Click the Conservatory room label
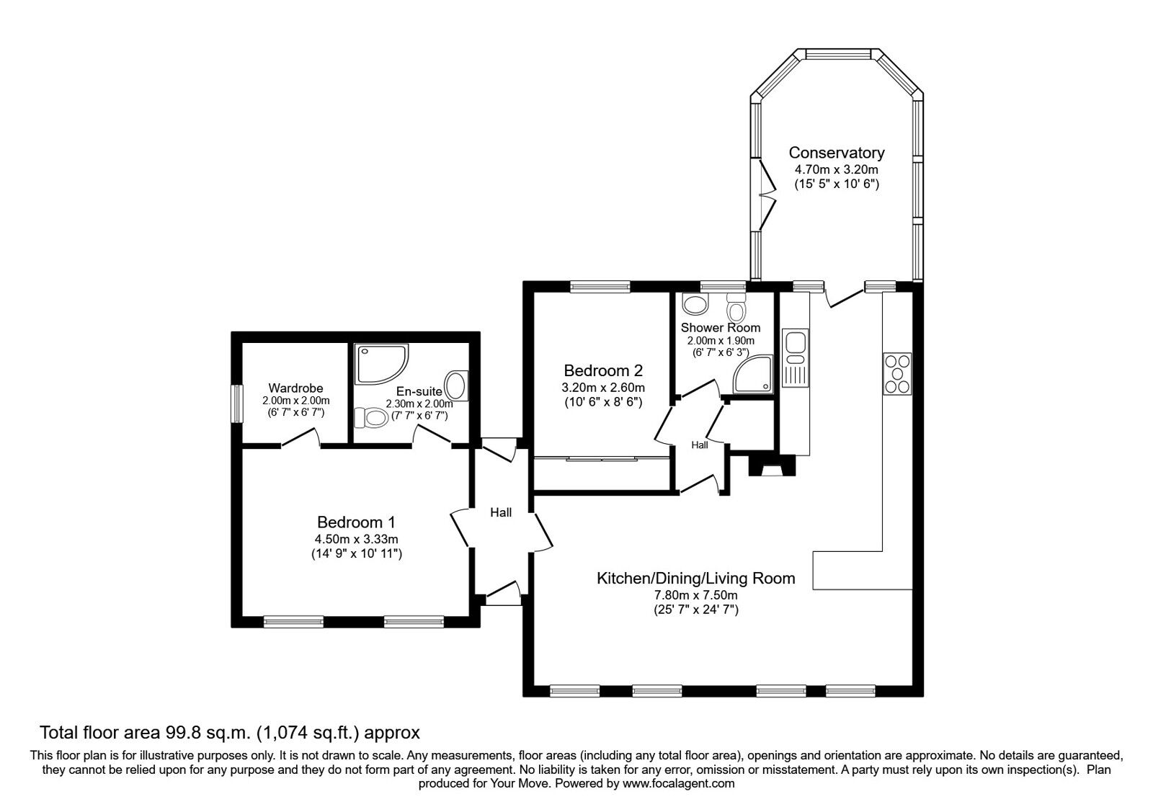[836, 153]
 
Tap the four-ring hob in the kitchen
[897, 373]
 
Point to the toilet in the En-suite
[371, 417]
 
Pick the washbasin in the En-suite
[457, 385]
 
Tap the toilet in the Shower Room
[736, 308]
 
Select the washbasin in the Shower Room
[695, 306]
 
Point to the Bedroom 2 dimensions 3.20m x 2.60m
[602, 388]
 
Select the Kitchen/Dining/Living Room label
[695, 578]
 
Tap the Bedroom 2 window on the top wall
[600, 287]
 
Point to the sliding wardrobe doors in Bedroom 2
[603, 458]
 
